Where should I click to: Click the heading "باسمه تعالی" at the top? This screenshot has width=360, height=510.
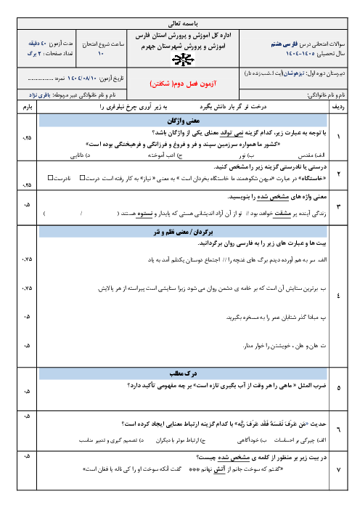point(179,22)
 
